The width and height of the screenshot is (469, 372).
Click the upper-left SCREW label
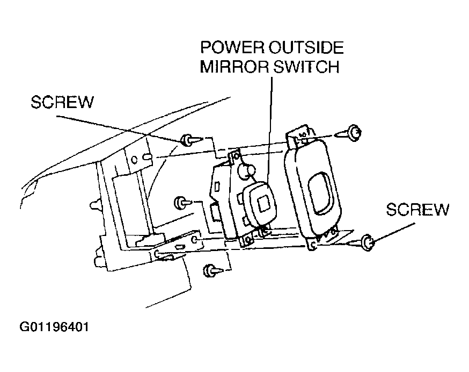62,102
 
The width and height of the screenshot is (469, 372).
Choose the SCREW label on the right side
417,210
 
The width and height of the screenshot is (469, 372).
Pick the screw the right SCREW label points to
368,243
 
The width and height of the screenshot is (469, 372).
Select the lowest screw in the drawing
211,270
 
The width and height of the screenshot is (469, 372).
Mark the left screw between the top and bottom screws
181,204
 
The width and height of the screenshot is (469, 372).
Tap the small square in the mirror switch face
263,203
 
